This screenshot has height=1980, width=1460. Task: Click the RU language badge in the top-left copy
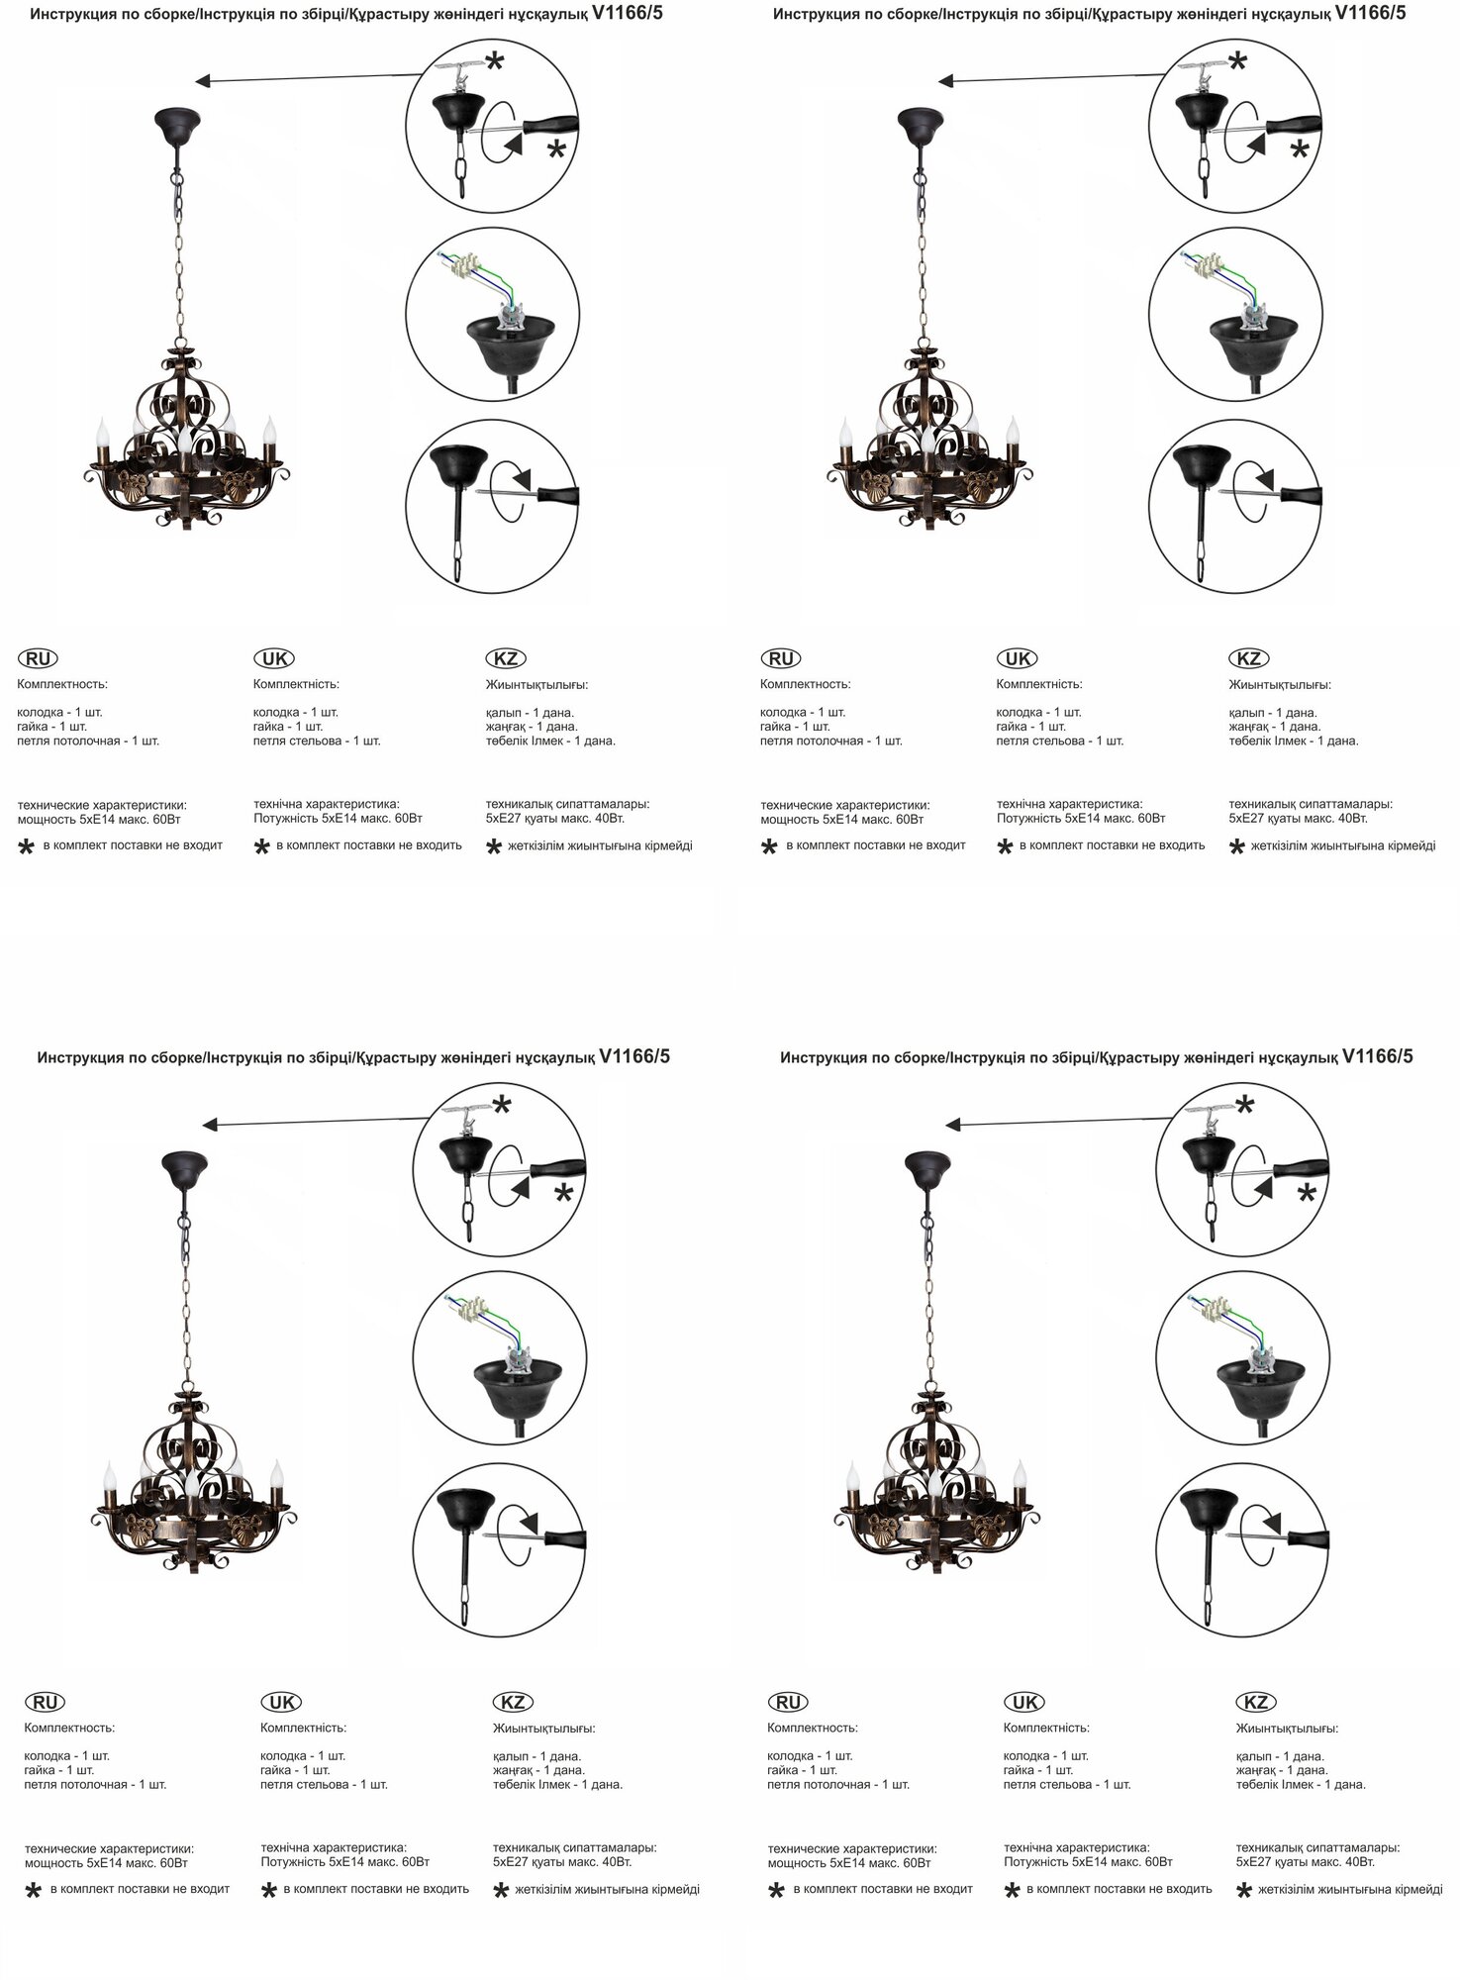click(x=38, y=658)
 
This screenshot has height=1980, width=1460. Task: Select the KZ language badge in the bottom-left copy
click(x=513, y=1702)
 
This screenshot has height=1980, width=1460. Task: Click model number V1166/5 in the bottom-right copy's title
click(x=1377, y=1056)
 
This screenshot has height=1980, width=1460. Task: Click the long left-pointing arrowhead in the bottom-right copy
click(x=953, y=1125)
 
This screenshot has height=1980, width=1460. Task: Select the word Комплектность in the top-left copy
click(x=62, y=684)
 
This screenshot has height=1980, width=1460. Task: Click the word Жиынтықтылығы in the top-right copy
click(x=1280, y=684)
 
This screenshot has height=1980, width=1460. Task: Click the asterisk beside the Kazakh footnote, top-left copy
click(x=493, y=847)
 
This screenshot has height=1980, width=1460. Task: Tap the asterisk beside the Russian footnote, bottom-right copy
click(x=777, y=1891)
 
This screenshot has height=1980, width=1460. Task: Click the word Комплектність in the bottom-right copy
click(x=1046, y=1728)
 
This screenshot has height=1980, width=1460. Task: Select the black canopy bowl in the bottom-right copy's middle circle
click(x=1264, y=1379)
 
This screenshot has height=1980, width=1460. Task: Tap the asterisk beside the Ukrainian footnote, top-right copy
click(x=1006, y=847)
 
